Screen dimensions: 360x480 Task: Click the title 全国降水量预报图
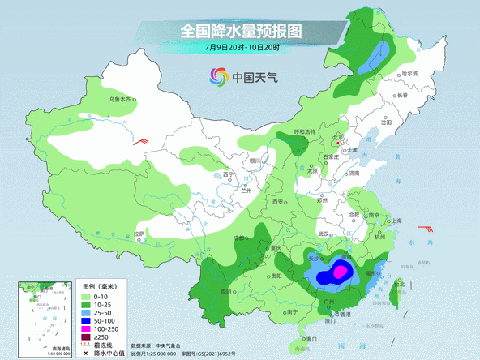(240, 32)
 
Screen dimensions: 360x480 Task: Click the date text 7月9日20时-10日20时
(242, 48)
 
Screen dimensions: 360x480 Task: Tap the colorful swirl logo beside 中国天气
(218, 77)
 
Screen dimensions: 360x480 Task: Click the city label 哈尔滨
(410, 73)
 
